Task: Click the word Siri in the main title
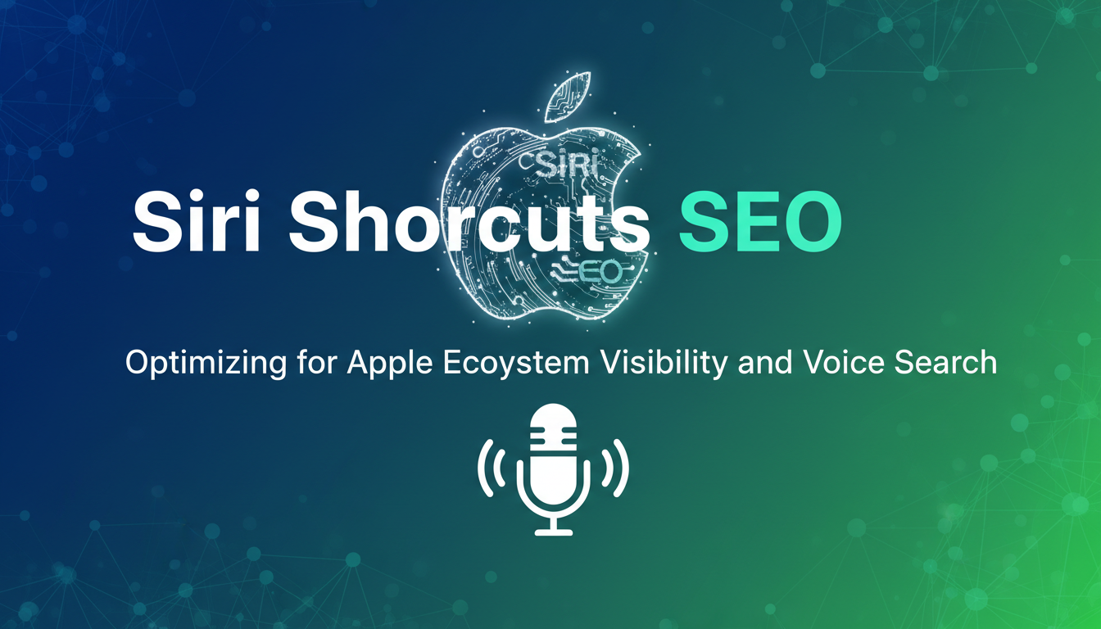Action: coord(196,223)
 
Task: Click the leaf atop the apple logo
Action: coord(566,97)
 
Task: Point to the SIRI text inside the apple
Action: coord(565,165)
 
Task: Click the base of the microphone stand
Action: coord(554,532)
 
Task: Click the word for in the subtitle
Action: coord(317,362)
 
